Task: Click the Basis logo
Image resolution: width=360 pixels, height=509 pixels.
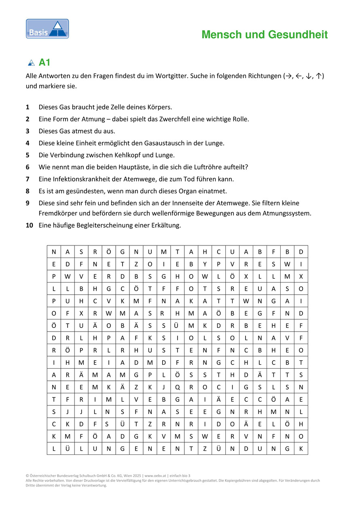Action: point(47,29)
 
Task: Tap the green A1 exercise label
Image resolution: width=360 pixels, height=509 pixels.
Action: point(44,63)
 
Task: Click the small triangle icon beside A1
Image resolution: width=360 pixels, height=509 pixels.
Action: point(31,63)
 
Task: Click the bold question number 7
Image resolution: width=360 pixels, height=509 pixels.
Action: point(28,179)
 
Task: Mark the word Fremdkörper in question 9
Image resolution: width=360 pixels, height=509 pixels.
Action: point(57,213)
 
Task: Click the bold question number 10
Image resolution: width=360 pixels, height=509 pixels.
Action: point(29,226)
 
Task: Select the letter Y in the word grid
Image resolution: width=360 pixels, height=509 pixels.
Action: point(205,264)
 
